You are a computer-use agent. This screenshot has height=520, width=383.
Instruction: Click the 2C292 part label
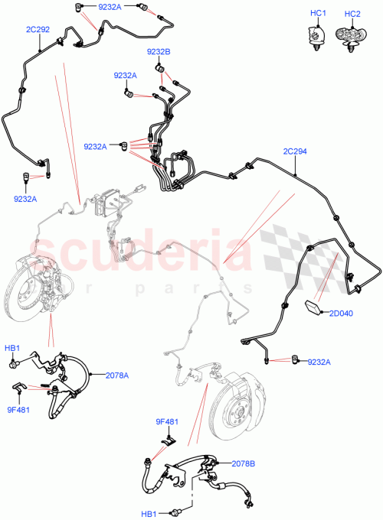point(38,31)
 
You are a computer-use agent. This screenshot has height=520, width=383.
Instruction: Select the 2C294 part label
point(295,151)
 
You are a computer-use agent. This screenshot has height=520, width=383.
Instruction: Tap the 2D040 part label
point(342,313)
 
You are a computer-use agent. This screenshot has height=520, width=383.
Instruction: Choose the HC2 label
point(353,15)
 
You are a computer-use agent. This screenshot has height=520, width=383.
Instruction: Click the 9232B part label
point(159,51)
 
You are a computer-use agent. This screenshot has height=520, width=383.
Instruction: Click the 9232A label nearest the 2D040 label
point(319,362)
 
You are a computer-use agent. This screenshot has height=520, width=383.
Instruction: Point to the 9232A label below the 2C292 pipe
point(25,200)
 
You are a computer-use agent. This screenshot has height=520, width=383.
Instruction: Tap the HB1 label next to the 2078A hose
point(12,348)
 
